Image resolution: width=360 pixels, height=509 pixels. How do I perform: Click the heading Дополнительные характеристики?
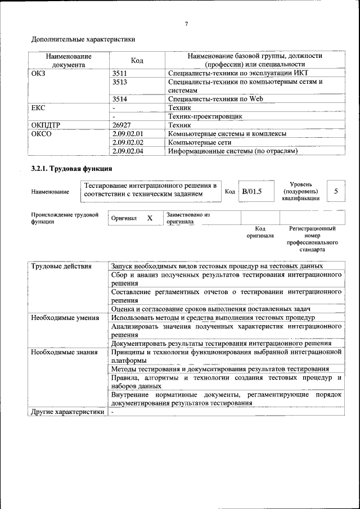[x=83, y=40]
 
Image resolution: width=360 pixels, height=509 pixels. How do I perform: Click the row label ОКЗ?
[x=39, y=73]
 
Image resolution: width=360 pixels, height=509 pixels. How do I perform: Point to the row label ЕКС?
[x=38, y=107]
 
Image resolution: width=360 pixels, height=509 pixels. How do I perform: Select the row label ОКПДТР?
[x=45, y=125]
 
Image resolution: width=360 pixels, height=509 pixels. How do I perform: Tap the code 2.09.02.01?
[x=128, y=134]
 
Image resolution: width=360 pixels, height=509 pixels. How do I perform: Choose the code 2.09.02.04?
[x=128, y=151]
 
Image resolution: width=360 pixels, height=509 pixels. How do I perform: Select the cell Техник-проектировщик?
[x=205, y=116]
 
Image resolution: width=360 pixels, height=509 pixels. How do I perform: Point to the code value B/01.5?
[x=251, y=191]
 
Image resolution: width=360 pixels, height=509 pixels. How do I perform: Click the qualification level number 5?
[x=336, y=191]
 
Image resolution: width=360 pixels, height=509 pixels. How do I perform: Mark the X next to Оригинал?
[x=150, y=218]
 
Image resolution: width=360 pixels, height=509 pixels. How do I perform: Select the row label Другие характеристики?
[x=67, y=412]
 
